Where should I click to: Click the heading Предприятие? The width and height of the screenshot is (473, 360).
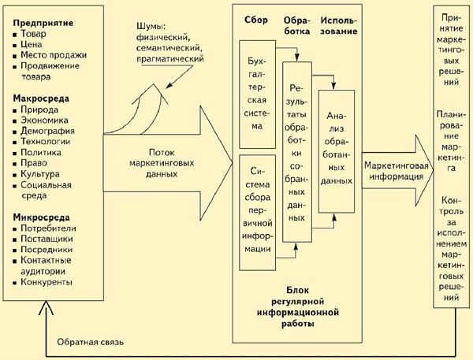tap(43, 23)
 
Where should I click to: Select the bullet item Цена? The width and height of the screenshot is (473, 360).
tap(31, 44)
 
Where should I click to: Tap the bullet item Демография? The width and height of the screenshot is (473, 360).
tap(47, 131)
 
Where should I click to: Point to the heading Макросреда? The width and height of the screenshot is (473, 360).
tap(41, 98)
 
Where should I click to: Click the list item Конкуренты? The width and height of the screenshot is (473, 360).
tap(47, 282)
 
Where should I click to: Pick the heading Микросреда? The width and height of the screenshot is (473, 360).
tap(41, 217)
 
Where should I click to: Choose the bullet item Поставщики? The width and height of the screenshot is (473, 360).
tap(47, 239)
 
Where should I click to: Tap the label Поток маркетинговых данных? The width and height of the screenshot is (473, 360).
tap(162, 163)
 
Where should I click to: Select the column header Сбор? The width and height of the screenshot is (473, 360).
tap(255, 20)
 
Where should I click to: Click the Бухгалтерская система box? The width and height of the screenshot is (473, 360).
tap(257, 95)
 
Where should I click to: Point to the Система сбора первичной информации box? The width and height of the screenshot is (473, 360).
tap(257, 213)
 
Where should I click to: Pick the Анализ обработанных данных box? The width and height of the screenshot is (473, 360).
tap(337, 151)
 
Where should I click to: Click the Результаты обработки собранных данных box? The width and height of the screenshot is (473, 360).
tap(297, 152)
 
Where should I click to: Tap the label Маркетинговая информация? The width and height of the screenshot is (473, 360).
tap(397, 171)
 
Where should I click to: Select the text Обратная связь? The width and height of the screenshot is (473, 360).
tap(90, 342)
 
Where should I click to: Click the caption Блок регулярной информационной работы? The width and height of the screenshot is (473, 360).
tap(298, 307)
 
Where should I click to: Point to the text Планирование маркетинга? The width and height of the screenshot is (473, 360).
tap(451, 141)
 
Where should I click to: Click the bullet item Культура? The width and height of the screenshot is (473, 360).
tap(40, 174)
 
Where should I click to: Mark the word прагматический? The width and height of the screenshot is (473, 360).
tap(170, 58)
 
